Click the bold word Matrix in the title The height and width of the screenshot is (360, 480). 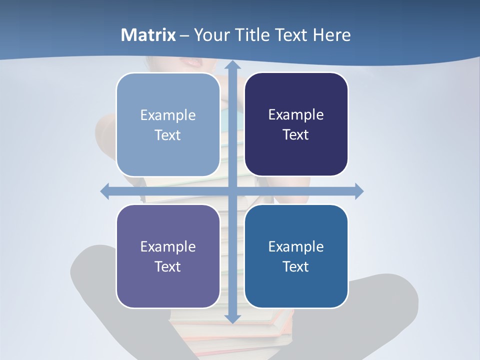148,35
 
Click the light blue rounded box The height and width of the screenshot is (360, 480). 168,124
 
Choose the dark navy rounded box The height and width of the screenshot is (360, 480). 296,124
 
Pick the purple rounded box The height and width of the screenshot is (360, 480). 168,256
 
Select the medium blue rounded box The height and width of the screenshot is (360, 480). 296,256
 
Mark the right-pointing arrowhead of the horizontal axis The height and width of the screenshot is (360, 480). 358,191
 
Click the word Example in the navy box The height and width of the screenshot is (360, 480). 296,115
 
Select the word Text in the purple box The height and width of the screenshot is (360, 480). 167,266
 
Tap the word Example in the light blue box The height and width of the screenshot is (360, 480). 168,115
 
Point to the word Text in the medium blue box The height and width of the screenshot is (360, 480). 296,266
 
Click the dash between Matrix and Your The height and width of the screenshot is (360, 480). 184,35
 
